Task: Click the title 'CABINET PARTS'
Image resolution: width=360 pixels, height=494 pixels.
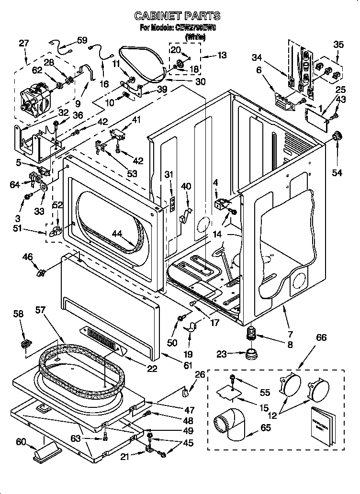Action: [x=178, y=16]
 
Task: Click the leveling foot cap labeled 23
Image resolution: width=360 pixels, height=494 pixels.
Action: [x=250, y=355]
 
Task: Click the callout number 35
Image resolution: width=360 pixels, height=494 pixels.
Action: [x=338, y=45]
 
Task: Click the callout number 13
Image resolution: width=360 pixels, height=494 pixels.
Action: [x=222, y=55]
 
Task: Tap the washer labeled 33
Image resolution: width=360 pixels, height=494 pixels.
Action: [x=43, y=186]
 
